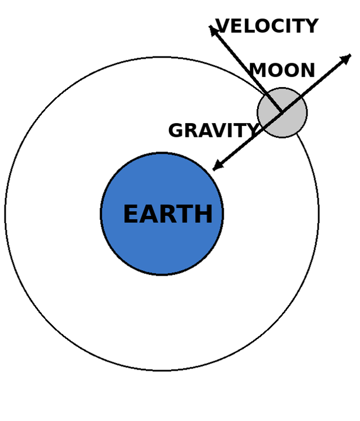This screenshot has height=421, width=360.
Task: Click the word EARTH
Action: (x=167, y=215)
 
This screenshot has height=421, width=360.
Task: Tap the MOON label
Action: (x=282, y=71)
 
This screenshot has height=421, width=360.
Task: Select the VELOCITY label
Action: (x=267, y=26)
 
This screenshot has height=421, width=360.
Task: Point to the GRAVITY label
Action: (x=212, y=131)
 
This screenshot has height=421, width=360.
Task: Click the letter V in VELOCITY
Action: (x=222, y=26)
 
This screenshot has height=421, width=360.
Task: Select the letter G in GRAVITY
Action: (x=176, y=131)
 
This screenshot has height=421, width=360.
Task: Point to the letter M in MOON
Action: (x=258, y=71)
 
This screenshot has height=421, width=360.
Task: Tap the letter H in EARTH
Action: (x=204, y=215)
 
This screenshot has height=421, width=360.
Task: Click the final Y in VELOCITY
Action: (x=312, y=26)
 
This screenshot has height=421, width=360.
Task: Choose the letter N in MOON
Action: (x=308, y=71)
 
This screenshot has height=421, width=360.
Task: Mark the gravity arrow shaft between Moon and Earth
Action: (x=247, y=141)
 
